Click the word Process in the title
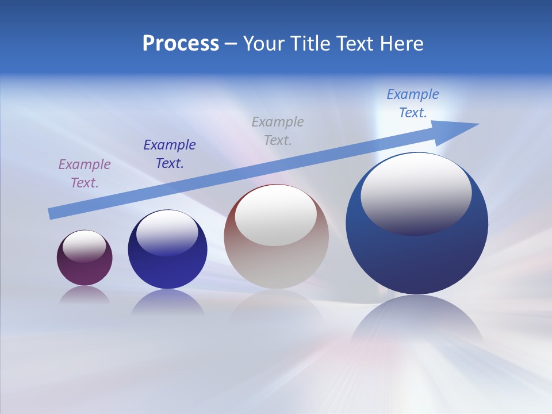pyautogui.click(x=181, y=44)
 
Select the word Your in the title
pyautogui.click(x=262, y=44)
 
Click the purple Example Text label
pyautogui.click(x=84, y=174)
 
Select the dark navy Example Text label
pyautogui.click(x=170, y=154)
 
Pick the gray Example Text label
pyautogui.click(x=278, y=131)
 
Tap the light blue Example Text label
pyautogui.click(x=413, y=103)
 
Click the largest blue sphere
pyautogui.click(x=417, y=259)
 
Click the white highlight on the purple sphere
pyautogui.click(x=85, y=246)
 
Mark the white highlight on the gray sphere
pyautogui.click(x=276, y=214)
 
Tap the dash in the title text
pyautogui.click(x=231, y=44)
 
